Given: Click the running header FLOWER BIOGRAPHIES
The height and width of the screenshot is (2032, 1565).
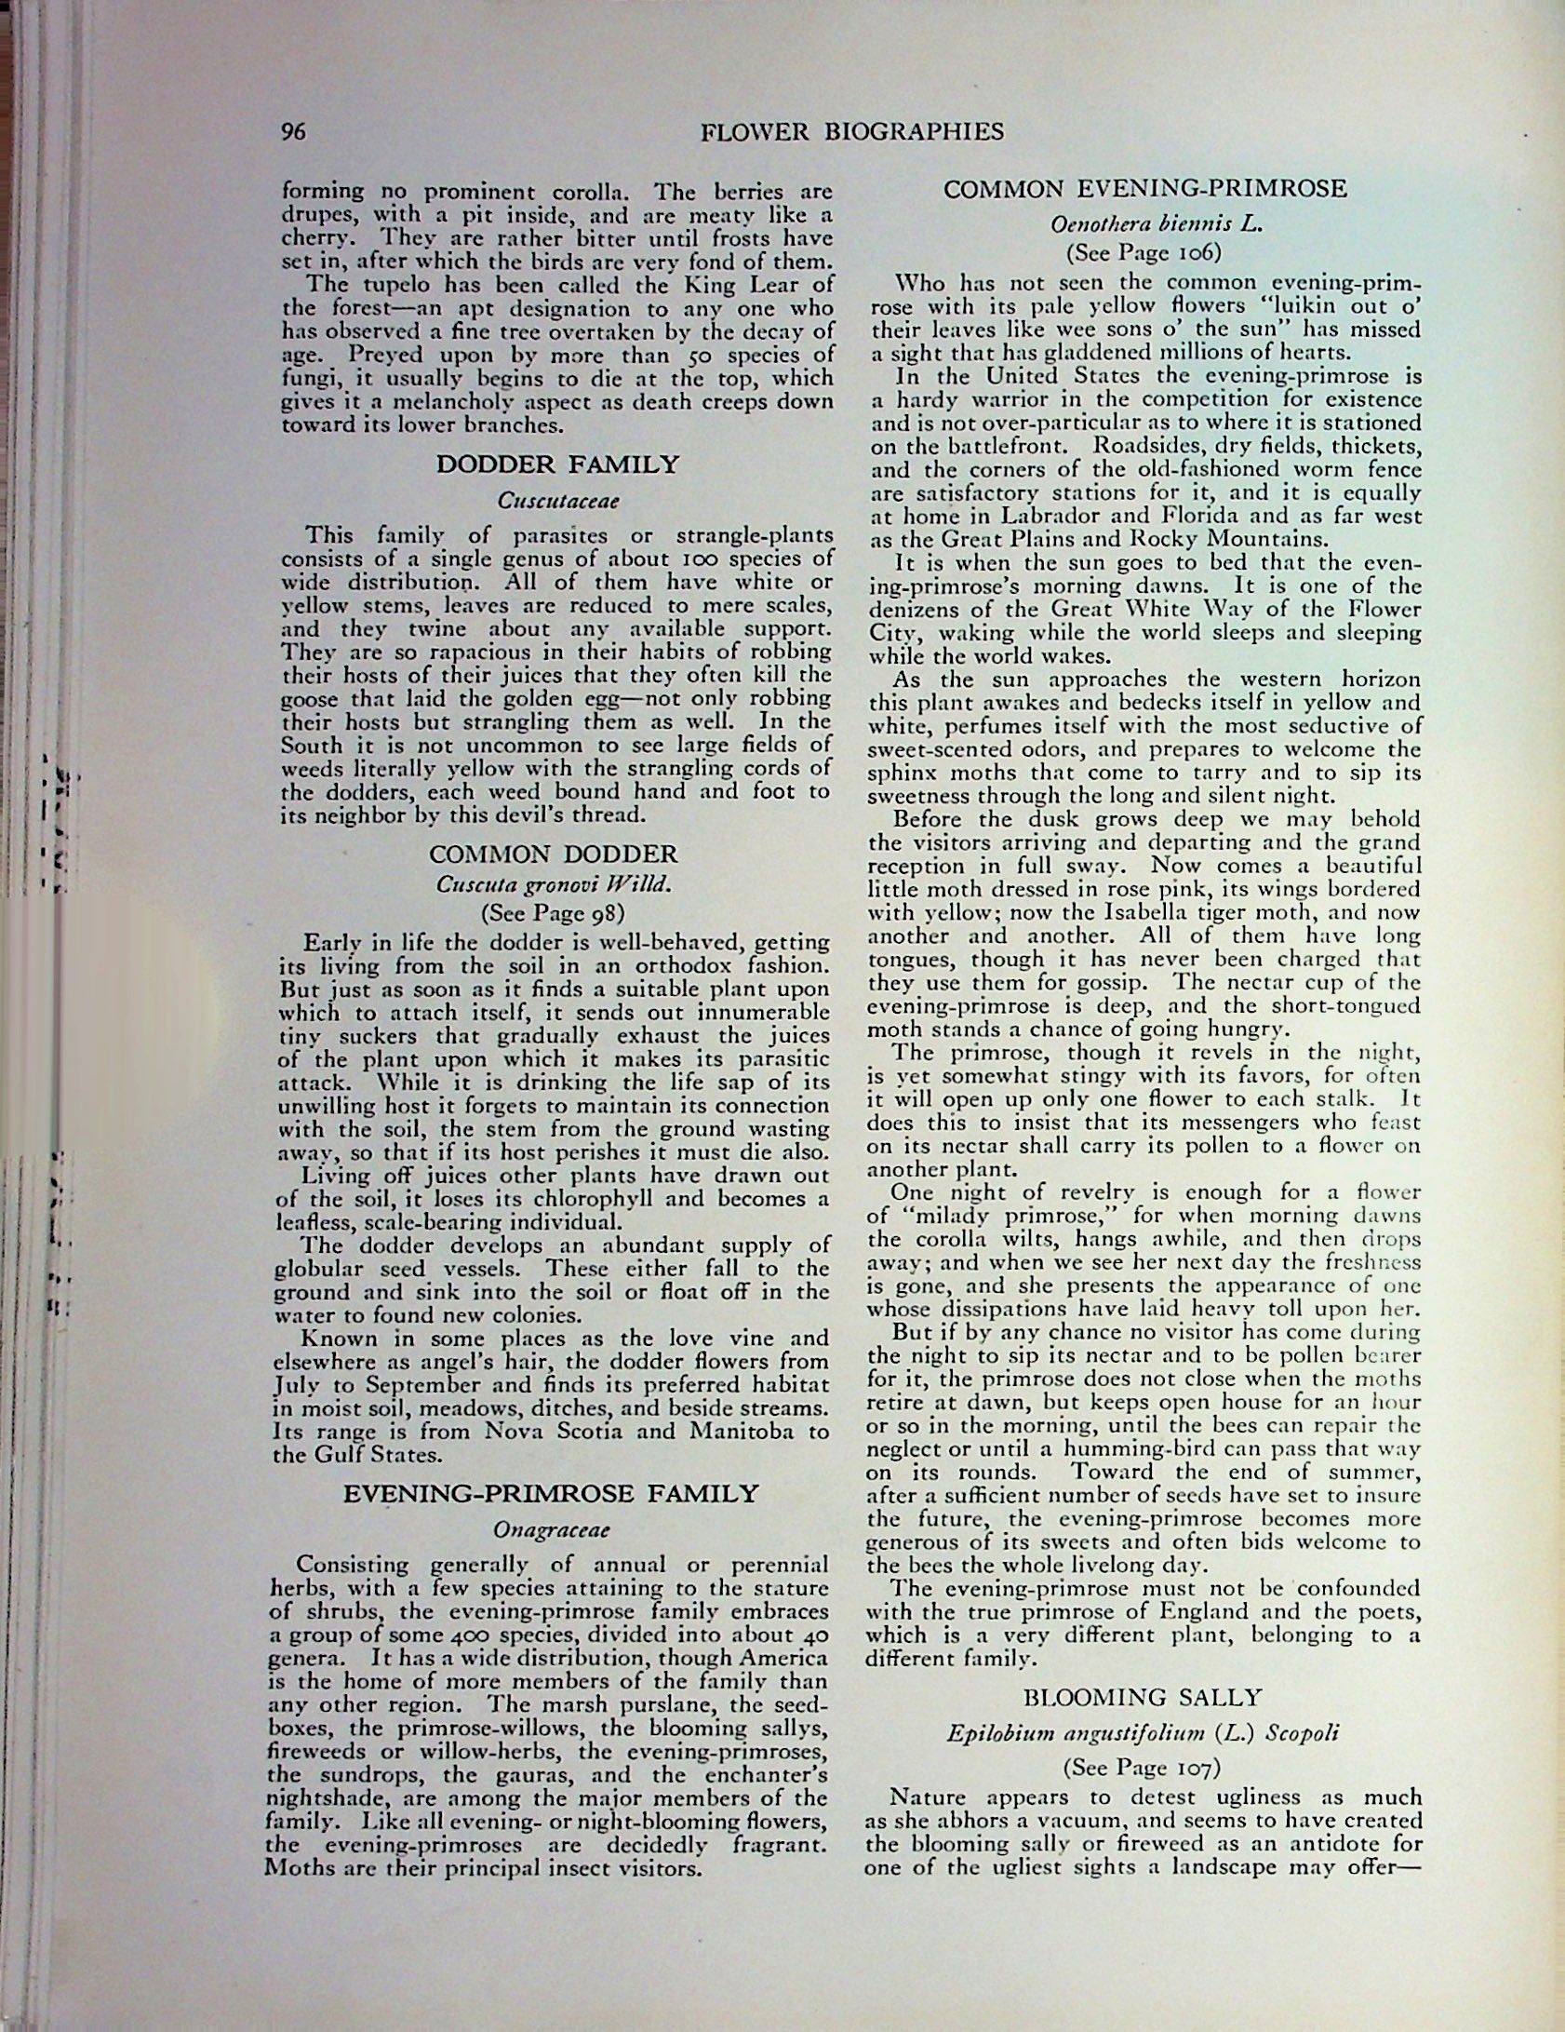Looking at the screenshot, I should [851, 131].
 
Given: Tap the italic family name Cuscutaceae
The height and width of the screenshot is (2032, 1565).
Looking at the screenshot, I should [558, 501].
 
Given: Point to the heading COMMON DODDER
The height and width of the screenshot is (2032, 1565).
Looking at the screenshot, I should [553, 855].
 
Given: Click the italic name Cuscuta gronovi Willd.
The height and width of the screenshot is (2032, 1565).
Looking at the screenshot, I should [554, 883].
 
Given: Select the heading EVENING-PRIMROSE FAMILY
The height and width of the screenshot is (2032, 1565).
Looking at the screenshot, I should [552, 1495].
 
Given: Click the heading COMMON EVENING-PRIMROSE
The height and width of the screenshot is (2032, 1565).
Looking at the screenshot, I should [1144, 190].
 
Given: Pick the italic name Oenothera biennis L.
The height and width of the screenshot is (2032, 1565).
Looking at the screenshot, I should [1144, 224].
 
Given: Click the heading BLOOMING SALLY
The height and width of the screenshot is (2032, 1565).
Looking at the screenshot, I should [1143, 1698].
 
